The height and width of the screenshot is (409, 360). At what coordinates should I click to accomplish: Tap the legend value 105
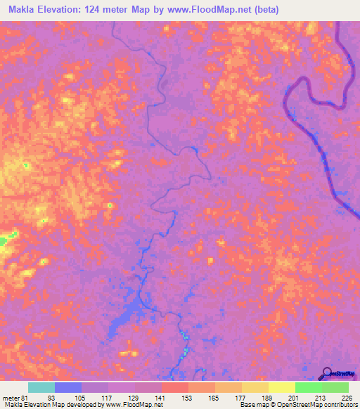(82, 397)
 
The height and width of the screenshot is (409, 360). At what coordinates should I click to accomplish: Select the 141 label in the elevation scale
(162, 397)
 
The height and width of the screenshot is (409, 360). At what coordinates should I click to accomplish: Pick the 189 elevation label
(268, 397)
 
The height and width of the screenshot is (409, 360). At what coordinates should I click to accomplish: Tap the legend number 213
(321, 397)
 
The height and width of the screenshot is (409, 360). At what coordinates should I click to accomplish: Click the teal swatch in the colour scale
(41, 387)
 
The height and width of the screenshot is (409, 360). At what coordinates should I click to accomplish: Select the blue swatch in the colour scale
(68, 387)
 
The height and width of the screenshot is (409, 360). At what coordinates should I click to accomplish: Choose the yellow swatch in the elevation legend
(281, 387)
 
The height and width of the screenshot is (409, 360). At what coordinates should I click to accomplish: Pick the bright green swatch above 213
(308, 387)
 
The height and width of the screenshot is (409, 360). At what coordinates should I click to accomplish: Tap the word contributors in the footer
(339, 405)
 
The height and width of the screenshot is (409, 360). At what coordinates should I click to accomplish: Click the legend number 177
(241, 397)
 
